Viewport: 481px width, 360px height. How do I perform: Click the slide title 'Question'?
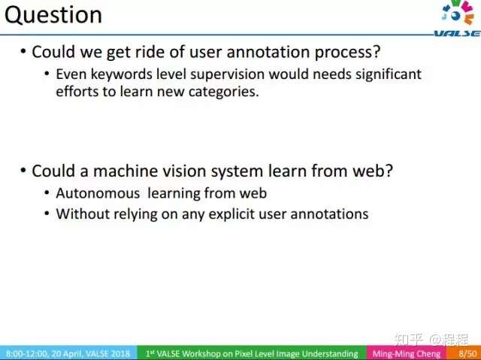[x=53, y=15]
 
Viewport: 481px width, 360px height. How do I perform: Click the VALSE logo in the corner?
[x=458, y=18]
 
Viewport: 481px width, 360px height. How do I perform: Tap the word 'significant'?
[x=389, y=75]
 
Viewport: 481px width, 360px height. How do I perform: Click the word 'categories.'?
[x=224, y=92]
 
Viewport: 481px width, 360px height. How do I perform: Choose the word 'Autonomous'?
[x=98, y=193]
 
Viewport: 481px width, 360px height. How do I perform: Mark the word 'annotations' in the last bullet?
[x=329, y=213]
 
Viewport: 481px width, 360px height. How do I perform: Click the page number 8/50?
[x=467, y=353]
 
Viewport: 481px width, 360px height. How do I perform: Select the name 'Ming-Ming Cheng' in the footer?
[x=406, y=353]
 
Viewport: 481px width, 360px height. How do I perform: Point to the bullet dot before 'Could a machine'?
[x=23, y=170]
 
